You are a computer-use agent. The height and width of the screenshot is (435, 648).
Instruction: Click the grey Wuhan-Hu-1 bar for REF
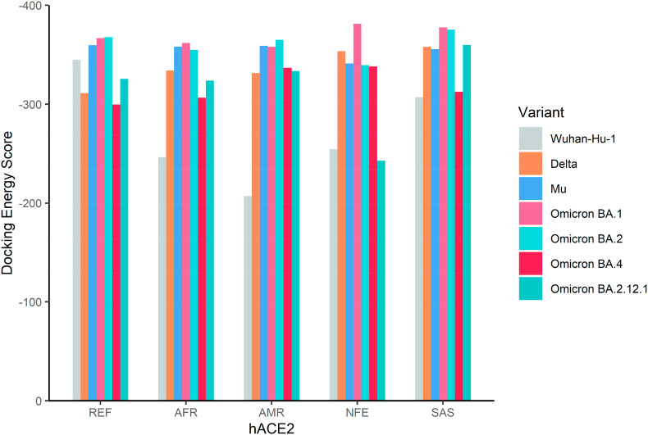pyautogui.click(x=76, y=230)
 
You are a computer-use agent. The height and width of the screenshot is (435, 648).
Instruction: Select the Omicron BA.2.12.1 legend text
pyautogui.click(x=593, y=288)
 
